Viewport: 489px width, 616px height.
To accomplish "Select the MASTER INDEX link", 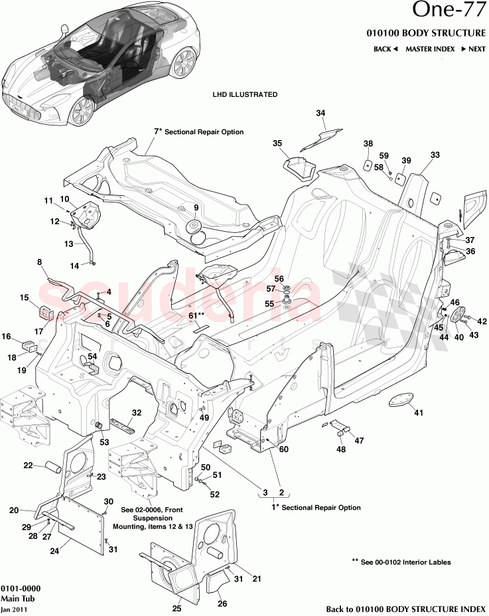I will pyautogui.click(x=430, y=49).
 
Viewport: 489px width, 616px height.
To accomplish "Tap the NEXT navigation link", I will pyautogui.click(x=474, y=49).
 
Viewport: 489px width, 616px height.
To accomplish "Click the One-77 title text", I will pyautogui.click(x=449, y=12).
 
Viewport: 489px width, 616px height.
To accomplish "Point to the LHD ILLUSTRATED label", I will pyautogui.click(x=245, y=95).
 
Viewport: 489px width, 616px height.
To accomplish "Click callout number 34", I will pyautogui.click(x=320, y=114).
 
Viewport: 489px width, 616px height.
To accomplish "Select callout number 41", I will pyautogui.click(x=418, y=414).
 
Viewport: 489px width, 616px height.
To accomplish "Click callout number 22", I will pyautogui.click(x=28, y=465).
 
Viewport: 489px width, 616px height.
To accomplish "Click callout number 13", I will pyautogui.click(x=68, y=244).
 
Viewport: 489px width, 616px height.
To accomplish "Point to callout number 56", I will pyautogui.click(x=279, y=279).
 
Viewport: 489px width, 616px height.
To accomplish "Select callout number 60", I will pyautogui.click(x=284, y=449).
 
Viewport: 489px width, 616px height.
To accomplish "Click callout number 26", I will pyautogui.click(x=223, y=604).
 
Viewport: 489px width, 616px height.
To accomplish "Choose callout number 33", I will pyautogui.click(x=435, y=155).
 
